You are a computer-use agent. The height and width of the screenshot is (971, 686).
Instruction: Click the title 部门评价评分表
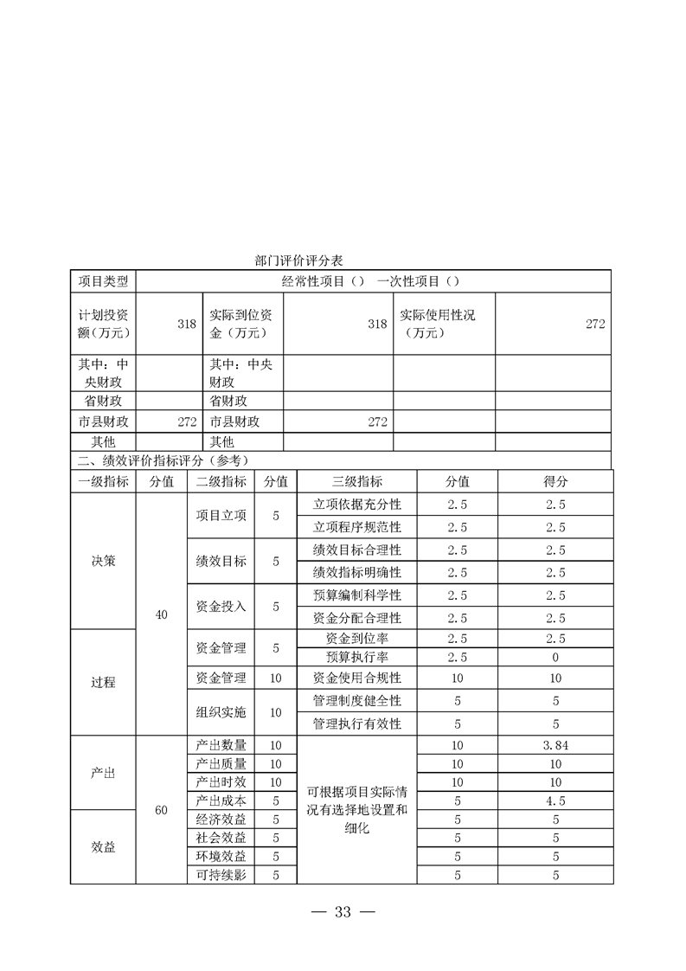[300, 260]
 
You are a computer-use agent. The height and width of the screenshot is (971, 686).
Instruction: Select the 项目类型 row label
[103, 281]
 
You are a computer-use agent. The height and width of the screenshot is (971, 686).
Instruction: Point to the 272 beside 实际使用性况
[594, 324]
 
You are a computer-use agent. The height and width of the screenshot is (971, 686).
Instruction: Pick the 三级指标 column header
[356, 482]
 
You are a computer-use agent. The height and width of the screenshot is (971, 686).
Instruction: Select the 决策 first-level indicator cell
[103, 561]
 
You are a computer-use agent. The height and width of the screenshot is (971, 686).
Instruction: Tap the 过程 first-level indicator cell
[103, 682]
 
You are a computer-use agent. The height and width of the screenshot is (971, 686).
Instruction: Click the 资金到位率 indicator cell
[356, 639]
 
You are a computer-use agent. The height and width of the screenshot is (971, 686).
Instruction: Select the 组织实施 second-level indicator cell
[221, 712]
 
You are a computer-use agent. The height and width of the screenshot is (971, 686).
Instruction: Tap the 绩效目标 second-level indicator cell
[221, 561]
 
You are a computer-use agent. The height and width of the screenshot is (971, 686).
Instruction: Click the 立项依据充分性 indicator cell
[356, 505]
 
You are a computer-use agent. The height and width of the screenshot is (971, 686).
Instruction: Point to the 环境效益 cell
[221, 856]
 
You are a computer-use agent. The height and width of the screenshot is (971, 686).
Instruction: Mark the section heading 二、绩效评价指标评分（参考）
[164, 460]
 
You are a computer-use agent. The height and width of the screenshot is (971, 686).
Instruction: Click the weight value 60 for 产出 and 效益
[161, 810]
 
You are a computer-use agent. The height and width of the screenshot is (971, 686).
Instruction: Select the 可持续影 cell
[221, 875]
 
